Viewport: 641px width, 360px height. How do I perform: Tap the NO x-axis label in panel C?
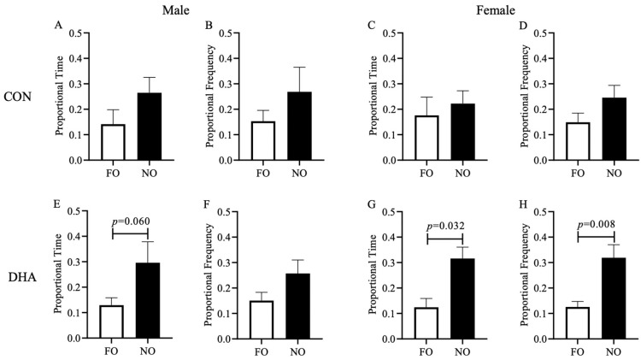tap(462, 171)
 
